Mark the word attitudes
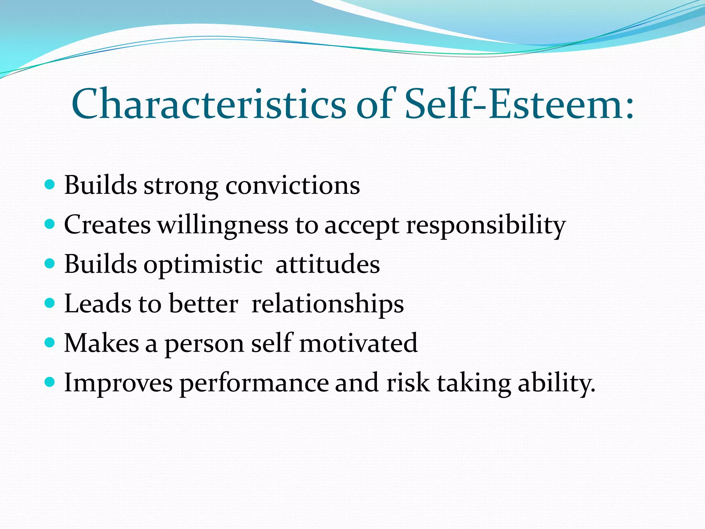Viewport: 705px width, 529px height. tap(328, 264)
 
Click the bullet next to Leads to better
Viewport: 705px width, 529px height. tap(50, 303)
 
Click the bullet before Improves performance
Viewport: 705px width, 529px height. tap(50, 382)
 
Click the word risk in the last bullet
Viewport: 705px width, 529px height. tap(408, 383)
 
